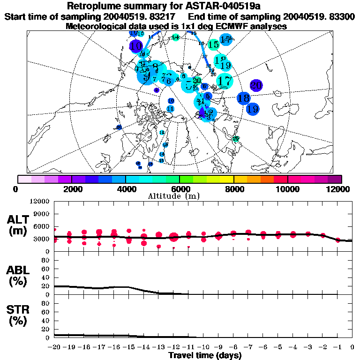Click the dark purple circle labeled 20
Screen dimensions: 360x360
[x=256, y=85]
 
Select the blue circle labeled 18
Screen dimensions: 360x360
[x=243, y=98]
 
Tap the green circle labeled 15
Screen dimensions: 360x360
[x=213, y=45]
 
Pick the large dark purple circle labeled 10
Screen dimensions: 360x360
[x=136, y=46]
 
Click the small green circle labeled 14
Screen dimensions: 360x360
[x=176, y=37]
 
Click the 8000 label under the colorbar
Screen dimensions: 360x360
[x=233, y=189]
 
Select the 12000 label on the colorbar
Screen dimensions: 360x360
[x=338, y=189]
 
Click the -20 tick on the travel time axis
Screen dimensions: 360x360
[x=55, y=347]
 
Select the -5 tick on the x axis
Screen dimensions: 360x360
[x=278, y=347]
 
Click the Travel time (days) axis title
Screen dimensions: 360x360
[x=205, y=355]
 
